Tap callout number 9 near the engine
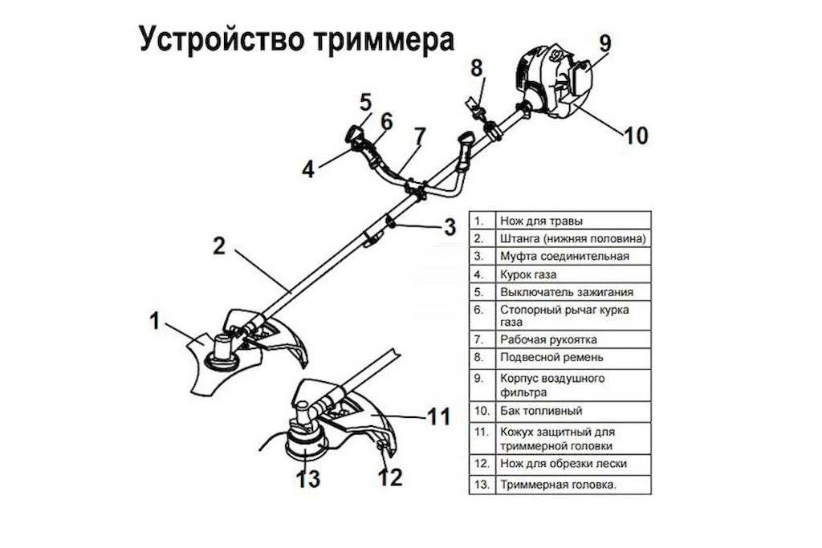[x=604, y=41]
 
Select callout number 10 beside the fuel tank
[x=636, y=136]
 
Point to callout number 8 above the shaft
[x=477, y=68]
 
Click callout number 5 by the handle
[x=365, y=102]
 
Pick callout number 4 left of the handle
[x=309, y=169]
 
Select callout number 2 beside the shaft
[x=219, y=246]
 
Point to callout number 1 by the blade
[x=155, y=322]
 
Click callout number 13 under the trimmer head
[x=307, y=479]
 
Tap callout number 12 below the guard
[x=389, y=477]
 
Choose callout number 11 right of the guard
[x=437, y=416]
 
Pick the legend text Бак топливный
[x=540, y=411]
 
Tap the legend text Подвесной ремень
[x=551, y=357]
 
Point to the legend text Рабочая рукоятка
[x=548, y=339]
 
